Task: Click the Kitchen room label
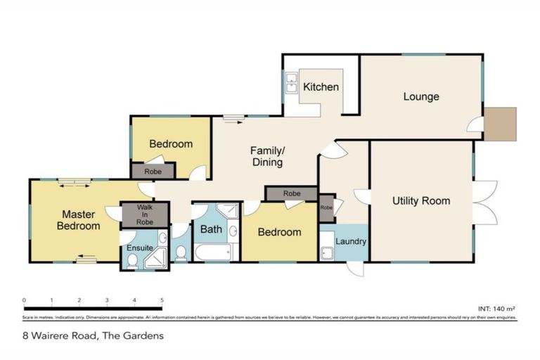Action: coord(321,88)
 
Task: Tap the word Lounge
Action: coord(420,96)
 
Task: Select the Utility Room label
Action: coord(420,201)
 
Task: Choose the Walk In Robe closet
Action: coord(144,215)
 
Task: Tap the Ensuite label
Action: coord(140,247)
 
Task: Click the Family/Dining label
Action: coord(268,156)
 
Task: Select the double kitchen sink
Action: coord(291,86)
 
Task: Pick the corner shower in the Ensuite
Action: coord(156,259)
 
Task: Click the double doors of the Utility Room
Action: coord(484,203)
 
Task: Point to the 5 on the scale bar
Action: coord(162,300)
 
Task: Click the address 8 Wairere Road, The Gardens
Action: coord(93,335)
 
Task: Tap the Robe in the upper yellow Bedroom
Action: coord(153,171)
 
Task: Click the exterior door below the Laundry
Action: coord(357,269)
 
